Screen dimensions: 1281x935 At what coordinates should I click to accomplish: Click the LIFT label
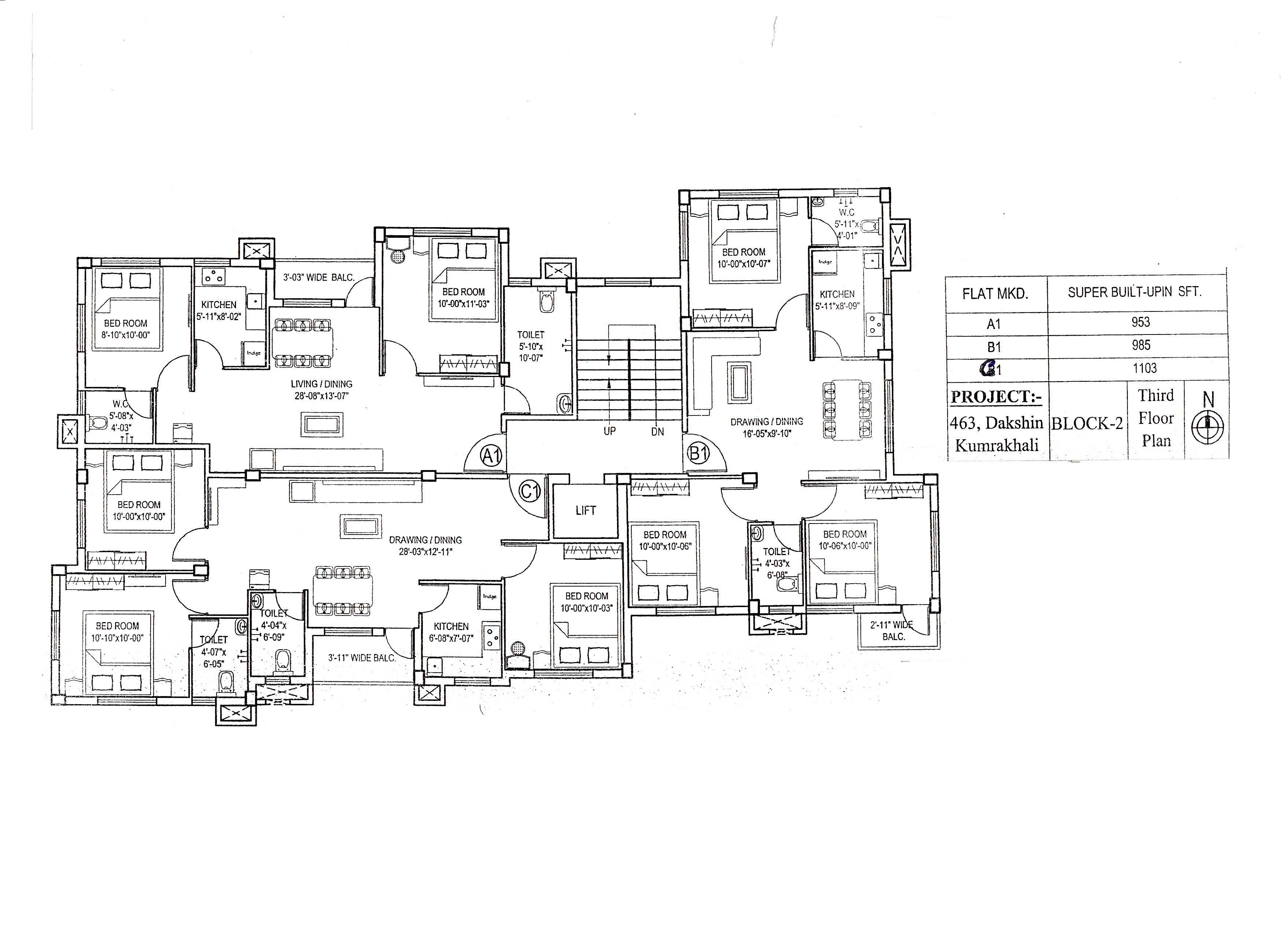click(x=585, y=510)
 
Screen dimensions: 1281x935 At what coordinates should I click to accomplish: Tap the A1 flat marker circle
click(x=491, y=455)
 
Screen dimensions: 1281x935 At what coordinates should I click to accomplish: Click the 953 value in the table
click(x=1141, y=322)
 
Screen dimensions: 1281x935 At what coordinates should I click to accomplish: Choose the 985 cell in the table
click(x=1141, y=345)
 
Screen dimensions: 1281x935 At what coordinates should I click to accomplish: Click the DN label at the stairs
click(x=657, y=431)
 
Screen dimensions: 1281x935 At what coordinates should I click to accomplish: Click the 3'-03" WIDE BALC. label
click(x=319, y=278)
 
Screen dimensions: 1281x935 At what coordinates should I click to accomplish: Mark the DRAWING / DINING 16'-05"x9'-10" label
click(x=767, y=427)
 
